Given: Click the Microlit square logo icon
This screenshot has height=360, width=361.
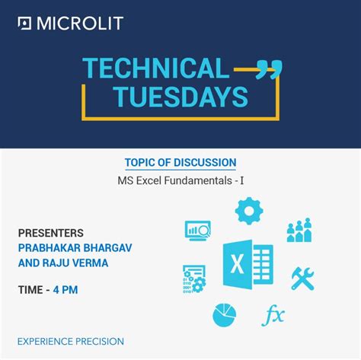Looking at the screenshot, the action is click(24, 24).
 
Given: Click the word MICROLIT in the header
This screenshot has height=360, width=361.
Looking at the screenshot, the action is click(80, 24).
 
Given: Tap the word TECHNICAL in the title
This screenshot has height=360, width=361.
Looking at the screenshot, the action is click(156, 68).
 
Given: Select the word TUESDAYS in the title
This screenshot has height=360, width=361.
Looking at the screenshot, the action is click(180, 97).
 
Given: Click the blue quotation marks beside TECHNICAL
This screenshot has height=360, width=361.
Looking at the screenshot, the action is click(269, 69).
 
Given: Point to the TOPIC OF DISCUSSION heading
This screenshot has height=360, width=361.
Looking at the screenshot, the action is click(180, 163).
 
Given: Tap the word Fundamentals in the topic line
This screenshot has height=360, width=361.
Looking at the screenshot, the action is click(198, 180).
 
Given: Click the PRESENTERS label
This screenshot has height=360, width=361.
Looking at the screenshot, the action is click(51, 233).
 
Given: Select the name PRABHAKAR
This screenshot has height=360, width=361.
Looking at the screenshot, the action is click(50, 248).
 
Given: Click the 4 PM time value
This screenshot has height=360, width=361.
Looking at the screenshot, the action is click(65, 290).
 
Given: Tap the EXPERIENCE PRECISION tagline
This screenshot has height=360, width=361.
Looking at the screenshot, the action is click(71, 342).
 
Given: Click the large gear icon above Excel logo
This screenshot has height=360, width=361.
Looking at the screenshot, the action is click(249, 211).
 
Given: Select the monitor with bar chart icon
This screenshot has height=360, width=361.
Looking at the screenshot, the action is click(198, 231).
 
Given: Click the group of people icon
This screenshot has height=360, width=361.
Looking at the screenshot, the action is click(299, 230).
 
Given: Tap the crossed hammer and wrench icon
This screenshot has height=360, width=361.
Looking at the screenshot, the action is click(303, 279).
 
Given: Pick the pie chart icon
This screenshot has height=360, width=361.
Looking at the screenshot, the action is click(225, 315).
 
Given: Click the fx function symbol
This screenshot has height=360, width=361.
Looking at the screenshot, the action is click(273, 315).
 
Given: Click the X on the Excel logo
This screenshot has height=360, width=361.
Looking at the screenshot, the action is click(238, 264).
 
